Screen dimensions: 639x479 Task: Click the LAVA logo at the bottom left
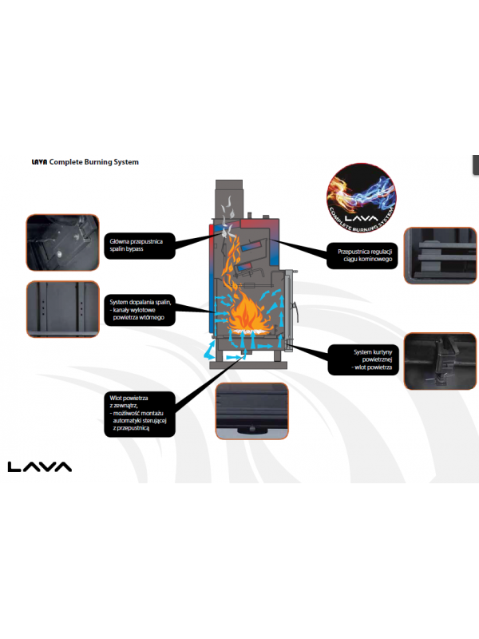[x=40, y=466]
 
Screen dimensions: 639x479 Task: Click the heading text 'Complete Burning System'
[x=94, y=162]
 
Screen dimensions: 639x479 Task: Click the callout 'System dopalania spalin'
[x=140, y=310]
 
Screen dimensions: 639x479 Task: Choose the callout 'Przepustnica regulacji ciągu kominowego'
[x=362, y=255]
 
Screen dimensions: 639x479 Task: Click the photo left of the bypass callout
[x=61, y=243]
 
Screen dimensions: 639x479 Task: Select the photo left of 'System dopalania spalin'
[x=61, y=310]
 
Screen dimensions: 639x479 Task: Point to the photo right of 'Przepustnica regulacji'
[x=441, y=256]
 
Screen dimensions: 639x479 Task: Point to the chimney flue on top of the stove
[x=227, y=196]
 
